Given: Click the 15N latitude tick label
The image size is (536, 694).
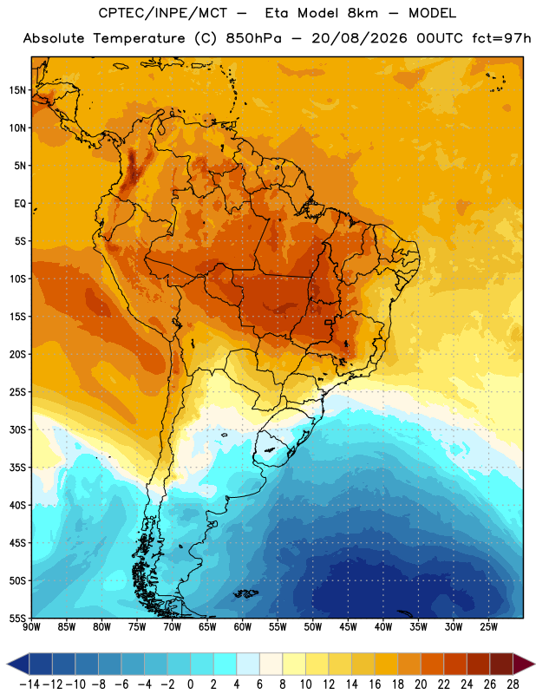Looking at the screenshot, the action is (17, 90).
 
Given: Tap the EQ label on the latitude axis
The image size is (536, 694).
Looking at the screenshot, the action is (20, 204).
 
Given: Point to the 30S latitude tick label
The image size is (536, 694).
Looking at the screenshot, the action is (17, 429).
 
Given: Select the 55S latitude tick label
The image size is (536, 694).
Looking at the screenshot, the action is (17, 618).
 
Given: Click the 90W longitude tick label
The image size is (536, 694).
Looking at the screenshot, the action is (31, 627).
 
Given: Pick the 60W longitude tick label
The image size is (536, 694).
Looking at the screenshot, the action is (243, 627).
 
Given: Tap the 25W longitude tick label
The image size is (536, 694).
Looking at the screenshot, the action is (488, 627).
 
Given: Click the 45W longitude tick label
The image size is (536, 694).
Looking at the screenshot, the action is (349, 627).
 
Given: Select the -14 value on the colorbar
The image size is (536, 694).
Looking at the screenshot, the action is (29, 684).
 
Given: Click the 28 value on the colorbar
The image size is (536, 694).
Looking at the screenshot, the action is (513, 684).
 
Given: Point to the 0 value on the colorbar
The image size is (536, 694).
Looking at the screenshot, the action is (190, 684).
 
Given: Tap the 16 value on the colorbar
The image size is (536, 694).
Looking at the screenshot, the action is (375, 684).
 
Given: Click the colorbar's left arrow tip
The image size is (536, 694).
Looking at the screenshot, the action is (7, 664).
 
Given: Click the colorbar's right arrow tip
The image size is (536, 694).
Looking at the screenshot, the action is (535, 664).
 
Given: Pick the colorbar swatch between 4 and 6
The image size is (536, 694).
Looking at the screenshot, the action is (248, 664).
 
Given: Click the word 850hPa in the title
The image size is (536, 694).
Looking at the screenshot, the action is (253, 38).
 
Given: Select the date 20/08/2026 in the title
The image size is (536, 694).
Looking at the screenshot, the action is (359, 38).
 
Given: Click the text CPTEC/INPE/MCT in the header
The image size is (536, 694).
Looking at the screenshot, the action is (163, 13).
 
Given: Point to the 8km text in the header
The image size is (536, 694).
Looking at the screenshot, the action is (363, 13).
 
